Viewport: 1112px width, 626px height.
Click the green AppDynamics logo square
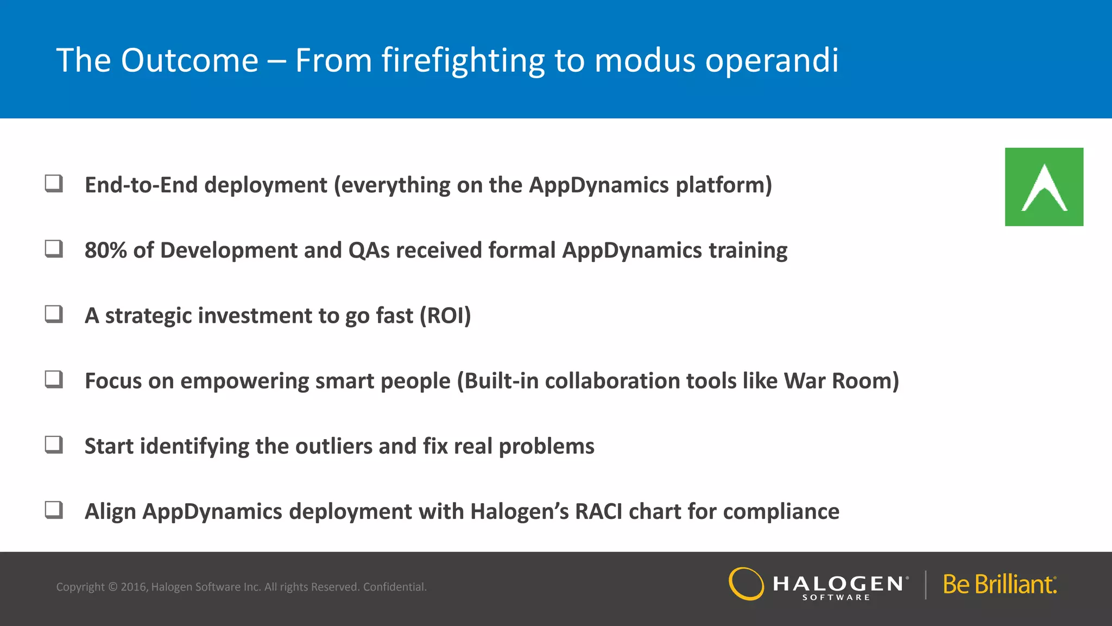pyautogui.click(x=1044, y=186)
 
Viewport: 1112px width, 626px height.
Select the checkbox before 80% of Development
pyautogui.click(x=53, y=249)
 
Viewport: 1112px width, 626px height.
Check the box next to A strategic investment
pyautogui.click(x=53, y=314)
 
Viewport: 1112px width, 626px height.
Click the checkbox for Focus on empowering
pyautogui.click(x=53, y=379)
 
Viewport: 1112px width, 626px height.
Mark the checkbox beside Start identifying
pyautogui.click(x=53, y=445)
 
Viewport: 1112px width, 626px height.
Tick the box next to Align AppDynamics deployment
pyautogui.click(x=53, y=510)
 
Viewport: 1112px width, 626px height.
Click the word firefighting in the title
pyautogui.click(x=463, y=61)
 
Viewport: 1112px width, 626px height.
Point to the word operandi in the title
pyautogui.click(x=772, y=61)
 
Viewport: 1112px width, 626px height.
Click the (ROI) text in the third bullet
pyautogui.click(x=445, y=316)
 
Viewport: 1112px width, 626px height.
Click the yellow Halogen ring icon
pyautogui.click(x=746, y=584)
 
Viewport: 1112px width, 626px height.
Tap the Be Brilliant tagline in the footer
pyautogui.click(x=1000, y=585)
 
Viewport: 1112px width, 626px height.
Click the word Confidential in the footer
pyautogui.click(x=395, y=587)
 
